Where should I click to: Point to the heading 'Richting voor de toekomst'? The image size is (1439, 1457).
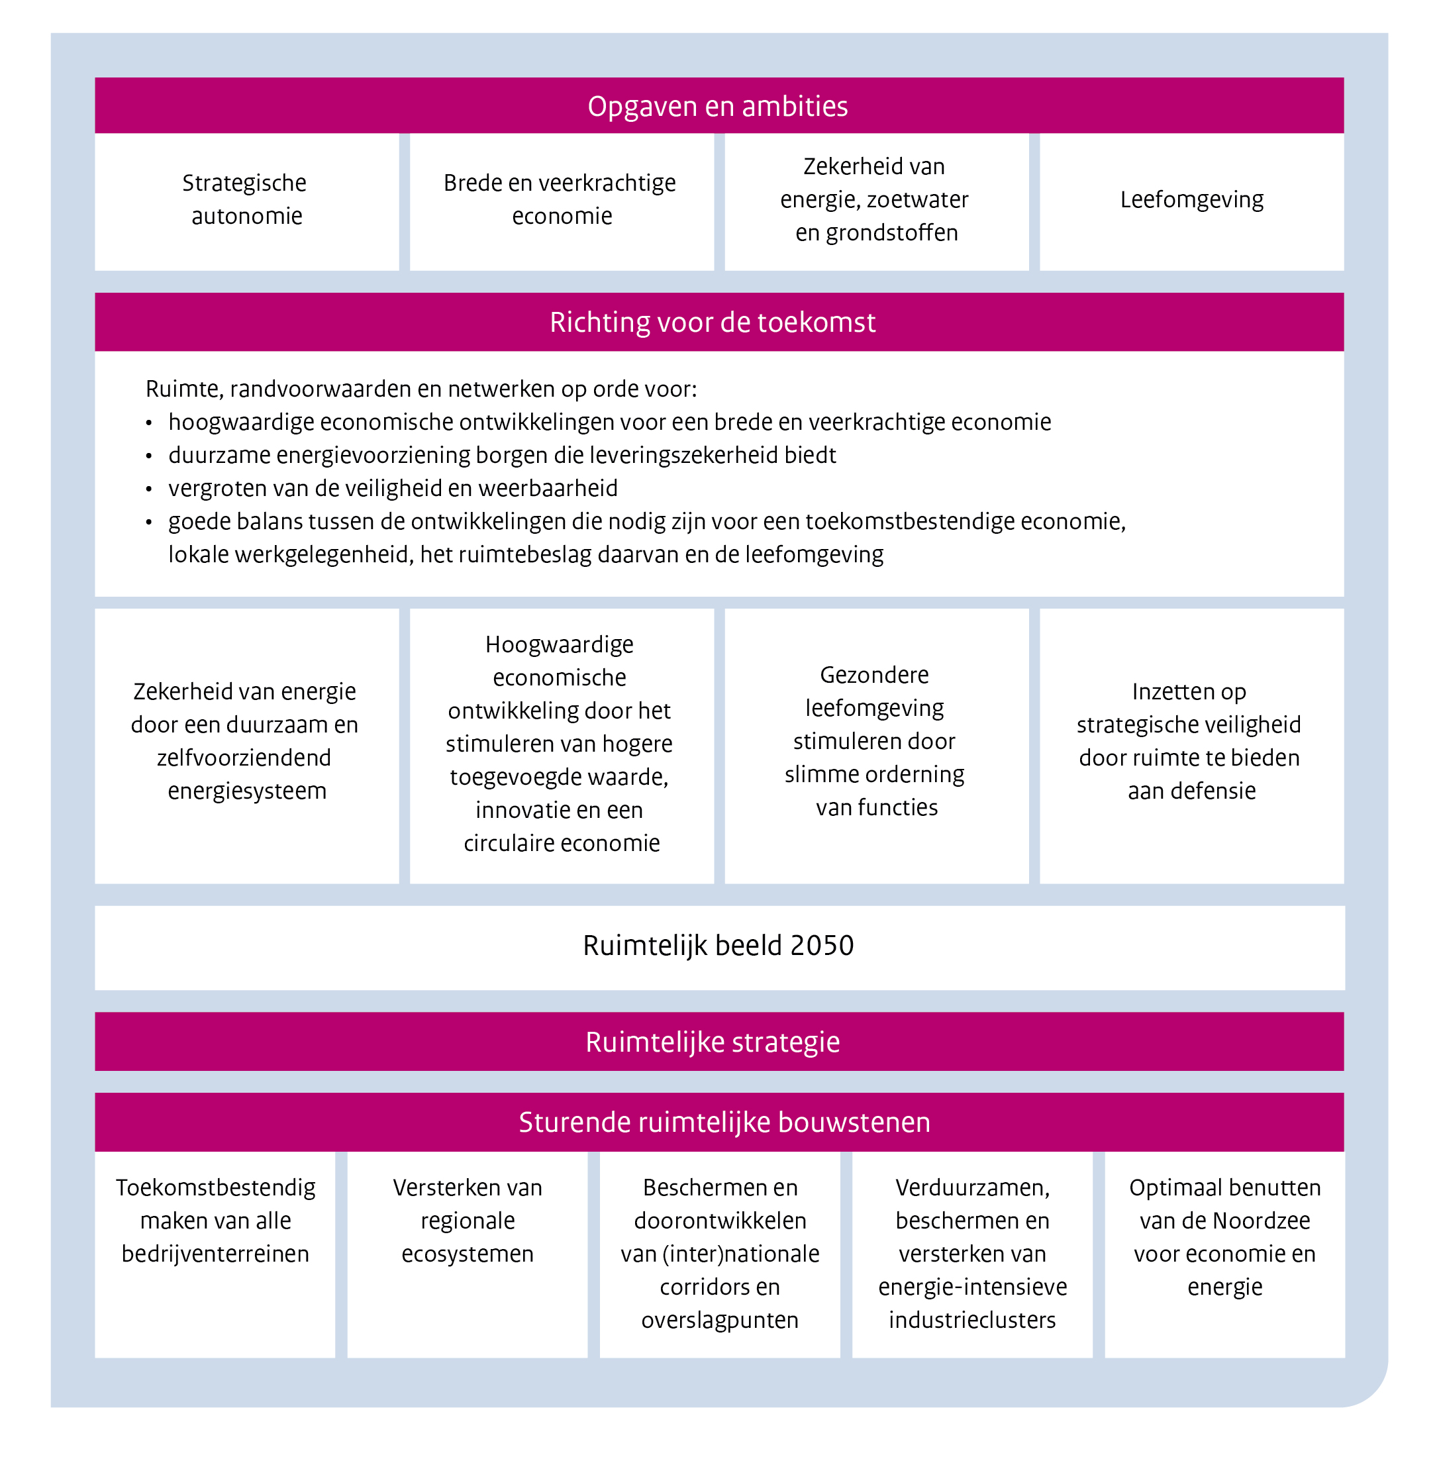(x=712, y=322)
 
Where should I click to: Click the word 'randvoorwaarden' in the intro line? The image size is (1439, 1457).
(x=321, y=389)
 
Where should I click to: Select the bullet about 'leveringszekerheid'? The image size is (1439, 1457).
(x=501, y=456)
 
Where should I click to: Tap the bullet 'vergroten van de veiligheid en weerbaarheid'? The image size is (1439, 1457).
(x=392, y=489)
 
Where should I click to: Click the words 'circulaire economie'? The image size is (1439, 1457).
(x=561, y=843)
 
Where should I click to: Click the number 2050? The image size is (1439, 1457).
(x=821, y=946)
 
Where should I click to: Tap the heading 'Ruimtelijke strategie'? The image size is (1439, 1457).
(x=712, y=1042)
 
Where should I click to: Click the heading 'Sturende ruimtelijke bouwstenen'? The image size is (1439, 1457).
(x=724, y=1122)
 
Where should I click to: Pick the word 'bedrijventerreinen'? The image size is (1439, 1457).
(x=215, y=1254)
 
